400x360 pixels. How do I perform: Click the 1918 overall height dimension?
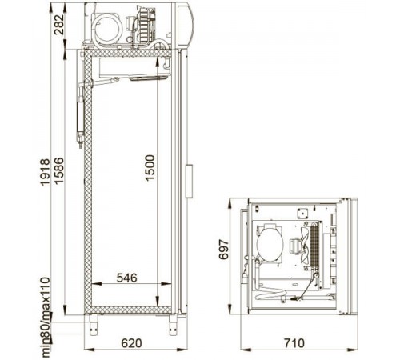tap(45, 172)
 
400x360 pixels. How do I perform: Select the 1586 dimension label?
tap(58, 170)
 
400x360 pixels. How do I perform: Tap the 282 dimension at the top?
tap(59, 25)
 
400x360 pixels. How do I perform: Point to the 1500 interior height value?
tap(150, 168)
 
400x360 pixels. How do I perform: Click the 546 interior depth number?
tap(127, 278)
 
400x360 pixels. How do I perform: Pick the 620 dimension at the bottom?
tap(131, 343)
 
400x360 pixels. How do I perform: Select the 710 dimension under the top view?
tap(294, 343)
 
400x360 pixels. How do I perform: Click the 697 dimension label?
tap(224, 250)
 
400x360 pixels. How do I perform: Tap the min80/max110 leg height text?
tap(46, 318)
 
